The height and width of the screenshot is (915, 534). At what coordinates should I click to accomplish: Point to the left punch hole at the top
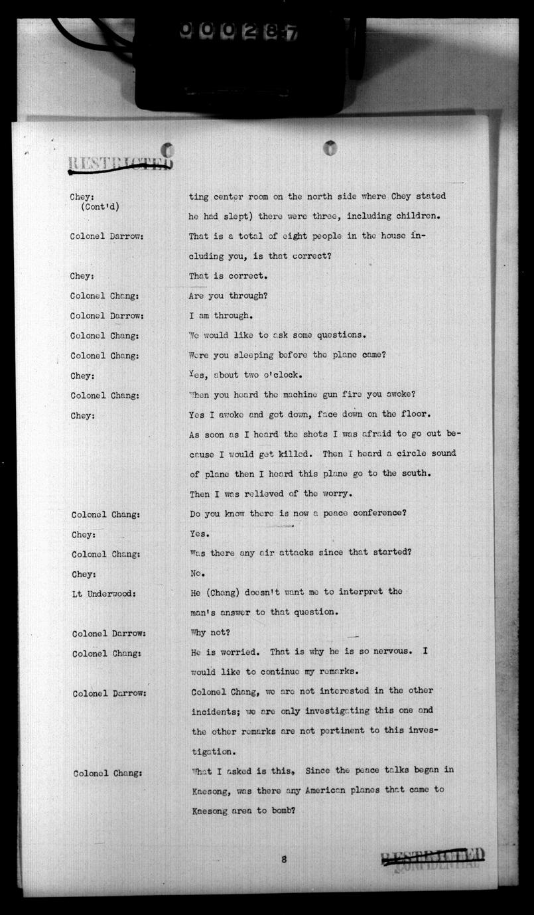(168, 149)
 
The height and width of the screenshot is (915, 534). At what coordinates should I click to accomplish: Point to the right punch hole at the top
(330, 147)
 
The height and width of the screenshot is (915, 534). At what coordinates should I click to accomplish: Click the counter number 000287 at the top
(238, 31)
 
